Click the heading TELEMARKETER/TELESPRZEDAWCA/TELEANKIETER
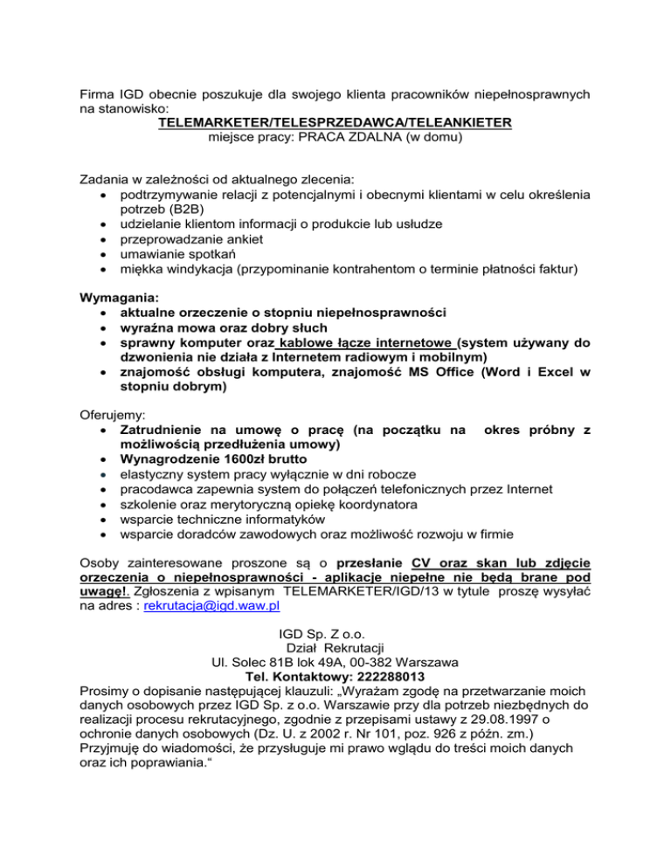click(x=335, y=122)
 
